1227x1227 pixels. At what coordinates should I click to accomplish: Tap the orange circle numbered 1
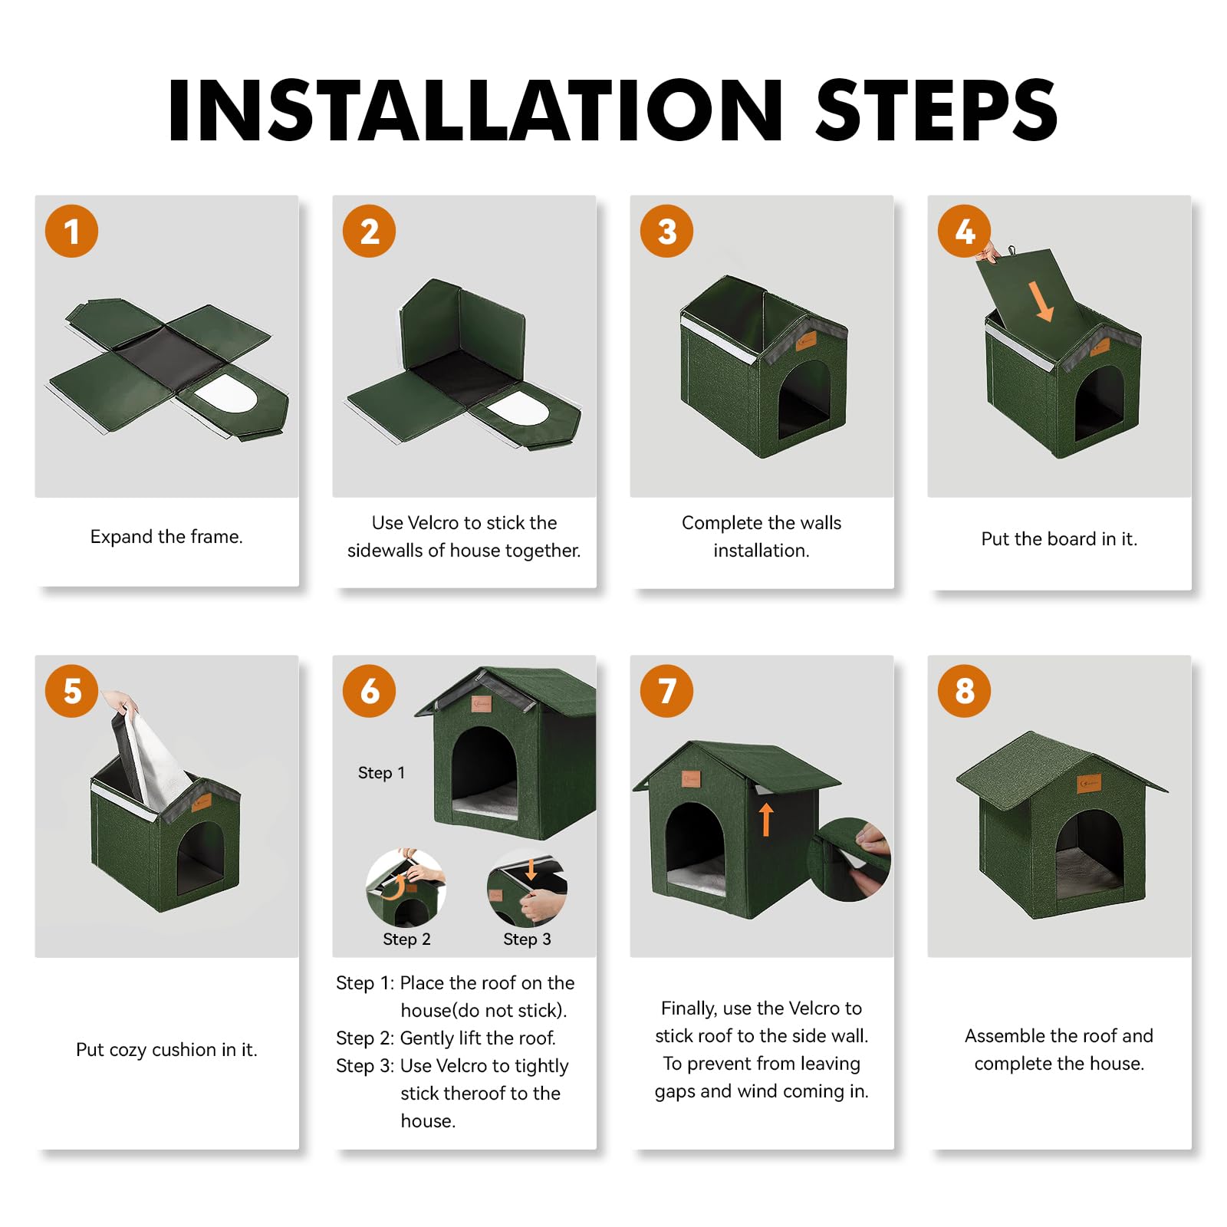point(71,231)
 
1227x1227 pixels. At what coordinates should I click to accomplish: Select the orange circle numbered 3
point(666,231)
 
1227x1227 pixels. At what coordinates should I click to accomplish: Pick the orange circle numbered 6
point(369,691)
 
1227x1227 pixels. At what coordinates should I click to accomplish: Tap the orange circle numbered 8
point(964,691)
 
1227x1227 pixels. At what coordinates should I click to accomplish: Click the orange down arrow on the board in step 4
point(1041,301)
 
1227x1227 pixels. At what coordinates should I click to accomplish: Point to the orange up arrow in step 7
point(766,819)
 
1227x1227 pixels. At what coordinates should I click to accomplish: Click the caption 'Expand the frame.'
point(166,537)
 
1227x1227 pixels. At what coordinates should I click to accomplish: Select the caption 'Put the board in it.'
point(1059,539)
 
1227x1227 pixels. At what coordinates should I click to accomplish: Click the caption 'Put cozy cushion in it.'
point(166,1050)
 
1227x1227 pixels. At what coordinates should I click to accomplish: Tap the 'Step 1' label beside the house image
point(381,773)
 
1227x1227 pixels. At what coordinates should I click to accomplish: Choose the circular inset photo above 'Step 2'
point(406,888)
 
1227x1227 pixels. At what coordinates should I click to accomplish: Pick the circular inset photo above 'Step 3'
point(527,888)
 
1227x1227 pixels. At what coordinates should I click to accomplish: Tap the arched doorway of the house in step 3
point(804,400)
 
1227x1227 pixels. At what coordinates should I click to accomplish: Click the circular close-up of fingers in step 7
point(850,860)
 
